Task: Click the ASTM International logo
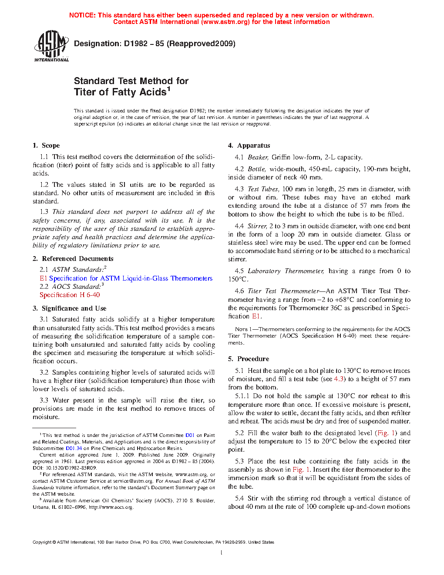click(x=51, y=46)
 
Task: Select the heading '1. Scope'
click(x=46, y=145)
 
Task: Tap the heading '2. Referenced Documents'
click(x=73, y=259)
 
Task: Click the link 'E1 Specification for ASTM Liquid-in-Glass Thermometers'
click(x=126, y=278)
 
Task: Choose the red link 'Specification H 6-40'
click(x=70, y=295)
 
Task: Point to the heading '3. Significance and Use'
click(x=70, y=308)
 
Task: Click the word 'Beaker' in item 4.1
click(x=258, y=157)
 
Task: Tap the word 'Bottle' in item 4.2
click(x=256, y=169)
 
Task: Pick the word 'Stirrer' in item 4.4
click(x=257, y=226)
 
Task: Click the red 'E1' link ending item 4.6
click(x=256, y=316)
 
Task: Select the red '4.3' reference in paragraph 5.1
click(x=339, y=379)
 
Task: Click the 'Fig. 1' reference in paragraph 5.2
click(x=386, y=433)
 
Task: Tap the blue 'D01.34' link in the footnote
click(x=74, y=448)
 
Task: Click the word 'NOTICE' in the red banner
click(x=82, y=15)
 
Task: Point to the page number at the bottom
click(x=222, y=553)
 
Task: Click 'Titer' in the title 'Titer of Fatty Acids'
click(x=85, y=92)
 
